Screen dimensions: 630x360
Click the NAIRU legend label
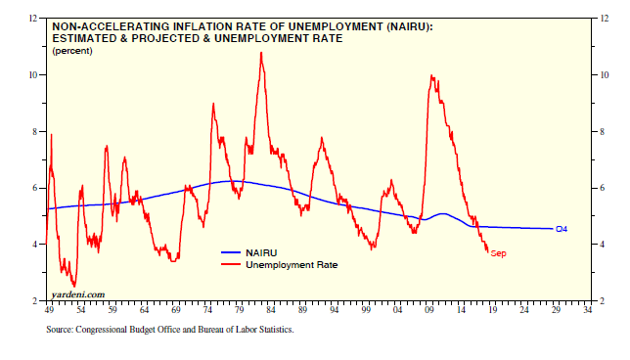[261, 252]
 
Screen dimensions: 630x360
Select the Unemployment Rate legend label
[292, 265]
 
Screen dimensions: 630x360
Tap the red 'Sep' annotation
[498, 253]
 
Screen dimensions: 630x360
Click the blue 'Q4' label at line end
[562, 229]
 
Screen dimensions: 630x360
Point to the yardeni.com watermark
[78, 294]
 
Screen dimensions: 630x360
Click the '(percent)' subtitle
[72, 51]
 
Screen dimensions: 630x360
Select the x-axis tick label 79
[239, 310]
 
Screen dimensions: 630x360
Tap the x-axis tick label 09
[429, 310]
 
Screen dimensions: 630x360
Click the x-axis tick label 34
[587, 310]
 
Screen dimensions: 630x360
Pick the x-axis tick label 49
[49, 310]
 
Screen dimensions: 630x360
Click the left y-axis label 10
[33, 75]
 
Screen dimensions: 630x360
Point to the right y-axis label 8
[602, 132]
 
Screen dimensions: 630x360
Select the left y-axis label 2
[35, 301]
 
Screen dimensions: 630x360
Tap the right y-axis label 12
[604, 19]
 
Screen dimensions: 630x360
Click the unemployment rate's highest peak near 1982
[261, 53]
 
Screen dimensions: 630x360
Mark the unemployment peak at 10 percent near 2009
[431, 75]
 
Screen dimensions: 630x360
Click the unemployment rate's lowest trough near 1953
[74, 286]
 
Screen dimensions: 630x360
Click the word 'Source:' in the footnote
[60, 330]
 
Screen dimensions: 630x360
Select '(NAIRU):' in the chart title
[410, 27]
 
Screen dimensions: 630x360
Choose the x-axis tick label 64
[144, 310]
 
